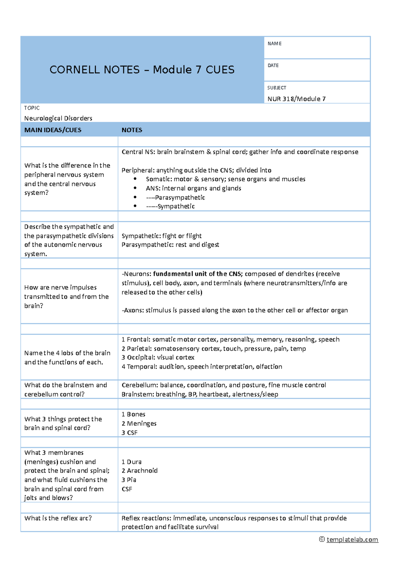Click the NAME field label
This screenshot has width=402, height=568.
pyautogui.click(x=274, y=44)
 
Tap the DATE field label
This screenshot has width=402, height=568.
pyautogui.click(x=273, y=66)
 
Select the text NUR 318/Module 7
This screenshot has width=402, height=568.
pyautogui.click(x=296, y=99)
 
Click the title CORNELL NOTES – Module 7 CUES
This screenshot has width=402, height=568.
pyautogui.click(x=142, y=70)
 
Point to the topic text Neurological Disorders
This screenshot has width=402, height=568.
pyautogui.click(x=58, y=118)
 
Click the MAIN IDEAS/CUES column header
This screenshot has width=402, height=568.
pyautogui.click(x=53, y=130)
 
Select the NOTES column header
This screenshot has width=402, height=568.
pyautogui.click(x=132, y=130)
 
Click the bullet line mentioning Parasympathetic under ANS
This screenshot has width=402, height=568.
pyautogui.click(x=176, y=197)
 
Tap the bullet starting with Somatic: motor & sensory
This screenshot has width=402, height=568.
pyautogui.click(x=225, y=179)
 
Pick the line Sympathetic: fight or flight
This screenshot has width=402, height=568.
pyautogui.click(x=161, y=236)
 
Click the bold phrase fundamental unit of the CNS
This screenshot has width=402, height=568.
pyautogui.click(x=198, y=274)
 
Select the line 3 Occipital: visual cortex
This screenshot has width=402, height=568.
pyautogui.click(x=158, y=357)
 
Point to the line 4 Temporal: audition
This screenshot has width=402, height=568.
pyautogui.click(x=202, y=367)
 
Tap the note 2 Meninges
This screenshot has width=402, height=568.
pyautogui.click(x=139, y=423)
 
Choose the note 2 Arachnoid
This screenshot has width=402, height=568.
pyautogui.click(x=139, y=471)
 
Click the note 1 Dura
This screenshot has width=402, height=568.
pyautogui.click(x=131, y=462)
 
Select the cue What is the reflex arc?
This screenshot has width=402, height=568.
pyautogui.click(x=58, y=518)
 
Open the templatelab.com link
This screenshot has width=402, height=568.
pyautogui.click(x=352, y=539)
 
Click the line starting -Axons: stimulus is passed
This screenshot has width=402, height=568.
pyautogui.click(x=234, y=310)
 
